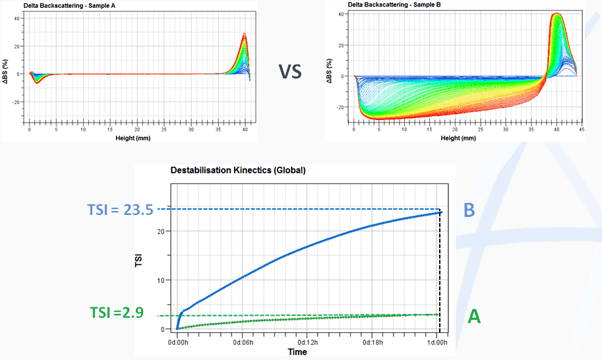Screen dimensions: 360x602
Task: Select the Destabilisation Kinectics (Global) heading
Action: click(238, 170)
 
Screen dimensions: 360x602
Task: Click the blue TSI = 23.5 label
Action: click(120, 210)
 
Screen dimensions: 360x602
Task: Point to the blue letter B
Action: click(469, 210)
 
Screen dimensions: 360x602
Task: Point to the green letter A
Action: click(473, 317)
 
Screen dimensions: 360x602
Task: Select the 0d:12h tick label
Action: click(309, 344)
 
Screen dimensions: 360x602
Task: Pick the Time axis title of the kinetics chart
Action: click(297, 352)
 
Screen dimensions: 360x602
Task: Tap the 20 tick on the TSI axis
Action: click(162, 231)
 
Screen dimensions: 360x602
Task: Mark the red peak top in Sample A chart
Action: click(244, 34)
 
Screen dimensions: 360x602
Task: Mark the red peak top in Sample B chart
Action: click(556, 14)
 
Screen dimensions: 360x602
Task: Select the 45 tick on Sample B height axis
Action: click(580, 131)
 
